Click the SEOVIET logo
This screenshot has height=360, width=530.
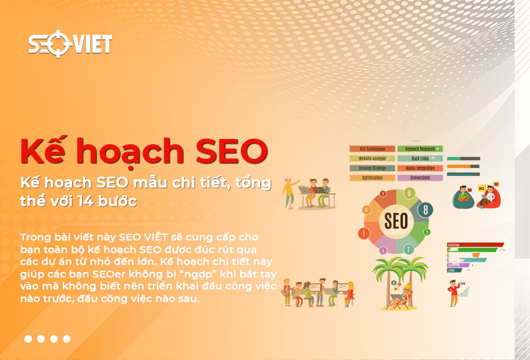[x=70, y=44]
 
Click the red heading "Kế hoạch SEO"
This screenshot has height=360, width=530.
[x=144, y=152]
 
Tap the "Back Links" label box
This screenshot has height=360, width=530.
[x=420, y=159]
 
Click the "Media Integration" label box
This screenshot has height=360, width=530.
[x=420, y=168]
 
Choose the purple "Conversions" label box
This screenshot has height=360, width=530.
[x=420, y=177]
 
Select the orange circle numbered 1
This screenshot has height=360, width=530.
[x=364, y=233]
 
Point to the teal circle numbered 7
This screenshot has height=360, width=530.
[x=409, y=249]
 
